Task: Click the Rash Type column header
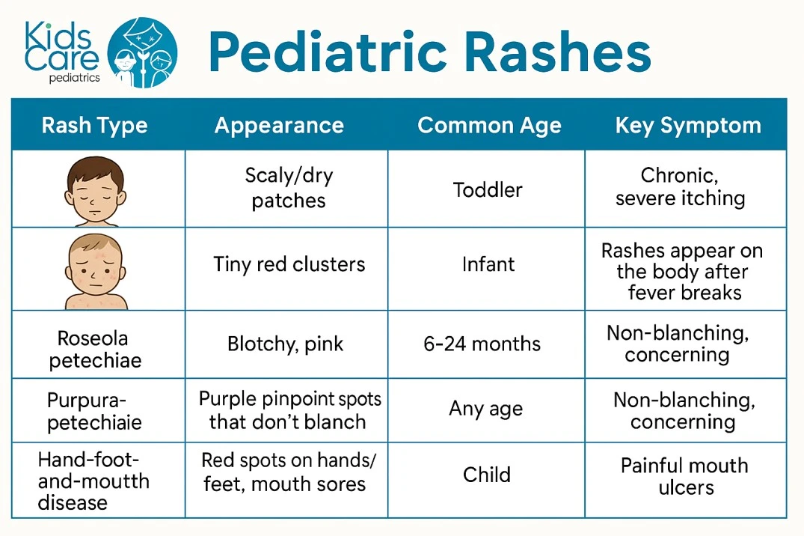pos(94,125)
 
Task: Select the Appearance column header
pos(279,125)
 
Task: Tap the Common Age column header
pos(489,125)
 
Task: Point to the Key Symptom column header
pos(687,125)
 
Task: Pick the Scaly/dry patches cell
pos(289,188)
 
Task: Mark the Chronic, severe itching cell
pos(680,186)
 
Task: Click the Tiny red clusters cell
pos(289,264)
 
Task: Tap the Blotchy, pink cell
pos(285,344)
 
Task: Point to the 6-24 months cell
pos(482,344)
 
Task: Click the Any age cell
pos(485,409)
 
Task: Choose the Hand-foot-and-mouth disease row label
pos(93,481)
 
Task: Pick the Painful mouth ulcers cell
pos(684,476)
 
